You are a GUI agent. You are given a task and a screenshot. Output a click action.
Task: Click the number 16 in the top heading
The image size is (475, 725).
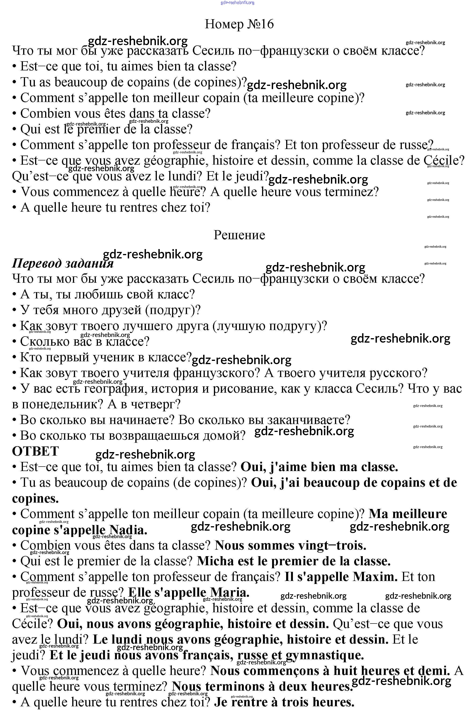[267, 24]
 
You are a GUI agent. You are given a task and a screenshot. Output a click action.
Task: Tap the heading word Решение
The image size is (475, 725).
[239, 235]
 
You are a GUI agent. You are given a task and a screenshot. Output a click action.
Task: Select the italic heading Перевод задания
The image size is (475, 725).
[63, 263]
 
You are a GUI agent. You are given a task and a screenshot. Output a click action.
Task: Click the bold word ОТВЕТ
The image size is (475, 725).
[35, 451]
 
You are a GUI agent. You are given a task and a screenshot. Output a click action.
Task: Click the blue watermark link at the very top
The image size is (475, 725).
[237, 2]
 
